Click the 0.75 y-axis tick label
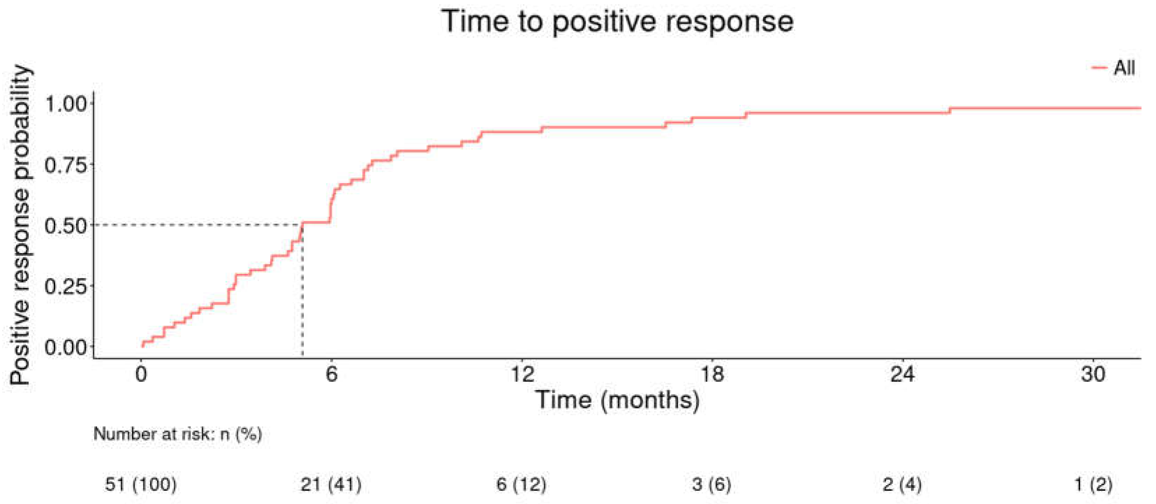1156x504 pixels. pyautogui.click(x=66, y=165)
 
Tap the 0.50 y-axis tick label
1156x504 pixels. pyautogui.click(x=66, y=225)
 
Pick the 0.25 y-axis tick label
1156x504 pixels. pyautogui.click(x=66, y=286)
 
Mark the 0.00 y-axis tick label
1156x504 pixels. pyautogui.click(x=66, y=347)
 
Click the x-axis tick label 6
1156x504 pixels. pyautogui.click(x=331, y=373)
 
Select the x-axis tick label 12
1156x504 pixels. pyautogui.click(x=522, y=373)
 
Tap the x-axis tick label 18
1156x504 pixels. pyautogui.click(x=712, y=373)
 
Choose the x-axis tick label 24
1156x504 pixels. pyautogui.click(x=902, y=373)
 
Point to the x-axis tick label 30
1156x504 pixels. pyautogui.click(x=1093, y=373)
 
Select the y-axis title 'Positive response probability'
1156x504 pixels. pyautogui.click(x=20, y=224)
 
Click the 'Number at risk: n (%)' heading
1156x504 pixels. pyautogui.click(x=177, y=434)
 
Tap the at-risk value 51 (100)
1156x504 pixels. pyautogui.click(x=140, y=484)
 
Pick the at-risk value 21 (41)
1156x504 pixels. pyautogui.click(x=331, y=484)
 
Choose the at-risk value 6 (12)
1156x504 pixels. pyautogui.click(x=521, y=484)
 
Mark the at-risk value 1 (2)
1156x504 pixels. pyautogui.click(x=1093, y=484)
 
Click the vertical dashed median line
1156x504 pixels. pyautogui.click(x=302, y=296)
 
